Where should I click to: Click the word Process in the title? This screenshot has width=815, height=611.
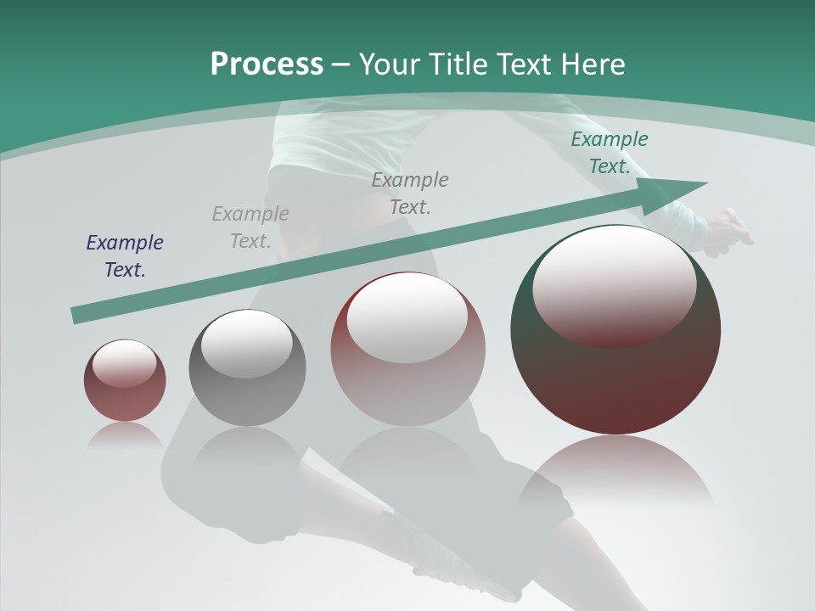click(x=267, y=64)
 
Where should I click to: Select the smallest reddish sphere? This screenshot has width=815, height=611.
click(x=125, y=381)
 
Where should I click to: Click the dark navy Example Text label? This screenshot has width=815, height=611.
click(x=125, y=256)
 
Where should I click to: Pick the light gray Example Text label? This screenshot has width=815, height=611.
click(x=250, y=227)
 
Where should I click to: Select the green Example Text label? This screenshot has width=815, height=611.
click(x=609, y=153)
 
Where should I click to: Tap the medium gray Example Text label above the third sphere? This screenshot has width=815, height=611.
click(x=410, y=193)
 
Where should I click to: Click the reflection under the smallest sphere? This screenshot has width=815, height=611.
click(x=125, y=435)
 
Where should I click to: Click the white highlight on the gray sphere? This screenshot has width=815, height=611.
click(x=247, y=345)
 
